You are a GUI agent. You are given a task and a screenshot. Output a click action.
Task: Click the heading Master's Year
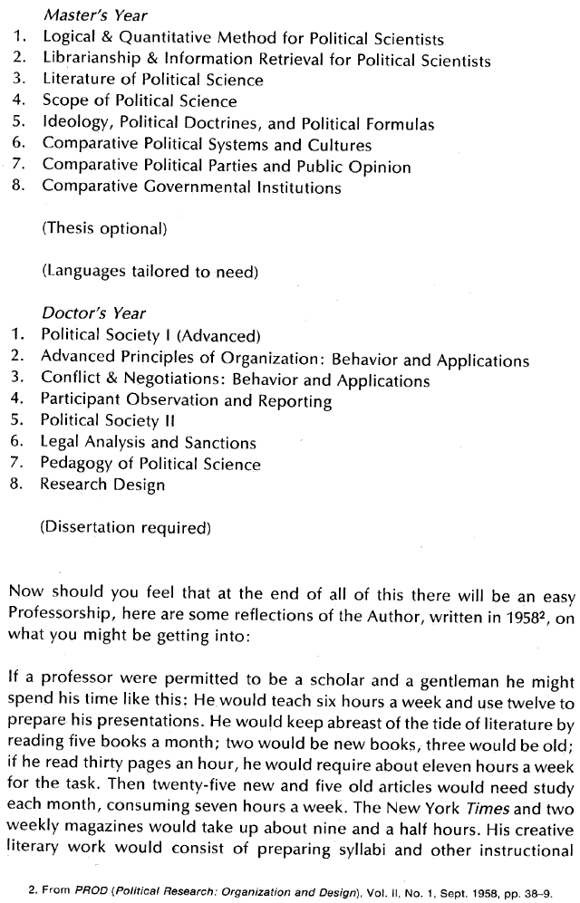[x=94, y=15]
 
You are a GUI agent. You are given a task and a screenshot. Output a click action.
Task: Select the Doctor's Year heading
[x=93, y=313]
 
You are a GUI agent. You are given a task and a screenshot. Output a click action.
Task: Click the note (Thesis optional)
[x=104, y=230]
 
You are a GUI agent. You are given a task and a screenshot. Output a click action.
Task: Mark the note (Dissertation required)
[x=125, y=526]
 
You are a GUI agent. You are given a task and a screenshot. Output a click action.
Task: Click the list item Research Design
[x=102, y=485]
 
